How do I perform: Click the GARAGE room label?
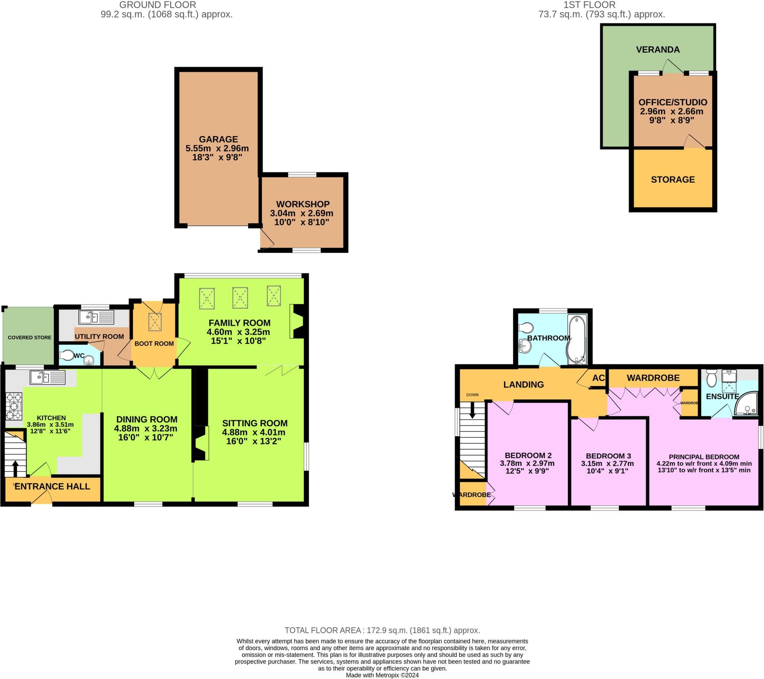pos(218,139)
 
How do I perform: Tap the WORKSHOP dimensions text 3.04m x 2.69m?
pos(302,213)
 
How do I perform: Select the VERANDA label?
pos(658,50)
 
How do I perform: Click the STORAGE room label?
pos(673,180)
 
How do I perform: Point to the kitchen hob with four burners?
pos(14,406)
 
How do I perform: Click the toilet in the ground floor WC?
pos(67,355)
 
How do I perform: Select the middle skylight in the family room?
pos(240,298)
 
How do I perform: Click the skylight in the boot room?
pos(155,322)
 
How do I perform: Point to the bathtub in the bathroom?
pos(577,339)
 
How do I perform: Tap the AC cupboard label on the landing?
pos(598,378)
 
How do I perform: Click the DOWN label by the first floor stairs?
pos(472,394)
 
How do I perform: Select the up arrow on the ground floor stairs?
pos(15,469)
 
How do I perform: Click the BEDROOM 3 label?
pos(608,456)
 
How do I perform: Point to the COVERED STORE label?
pos(29,337)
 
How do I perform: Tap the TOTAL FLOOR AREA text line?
pos(382,631)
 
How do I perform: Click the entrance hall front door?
pos(41,499)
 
